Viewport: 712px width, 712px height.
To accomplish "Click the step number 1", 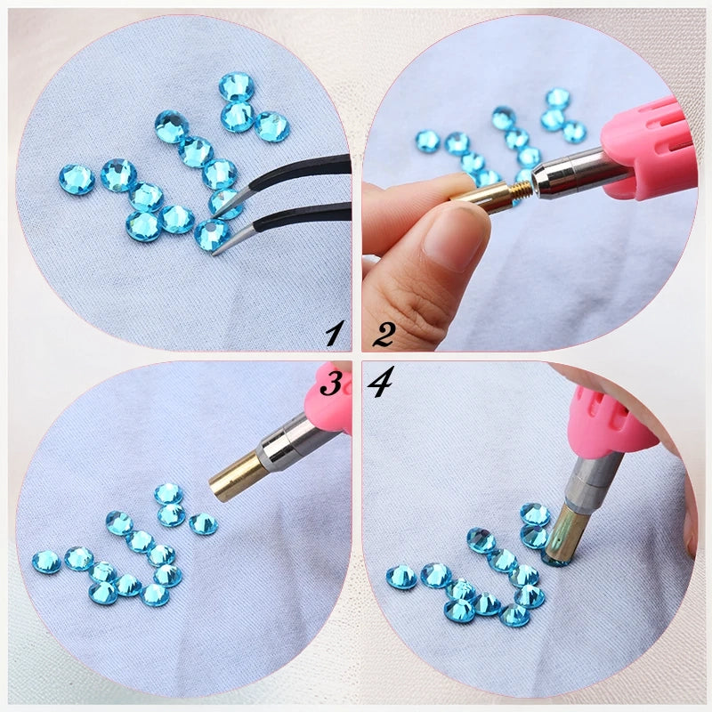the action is [x=335, y=333].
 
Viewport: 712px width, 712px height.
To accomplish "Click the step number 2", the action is [x=384, y=335].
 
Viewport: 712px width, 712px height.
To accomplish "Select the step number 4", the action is [x=380, y=382].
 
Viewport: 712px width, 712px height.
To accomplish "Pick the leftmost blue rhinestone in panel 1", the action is [x=77, y=180].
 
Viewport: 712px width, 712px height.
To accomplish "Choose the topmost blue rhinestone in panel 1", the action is [x=237, y=86].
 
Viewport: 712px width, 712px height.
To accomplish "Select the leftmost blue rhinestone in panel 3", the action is [x=46, y=562].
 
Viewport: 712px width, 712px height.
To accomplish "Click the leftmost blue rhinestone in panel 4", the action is [x=401, y=577].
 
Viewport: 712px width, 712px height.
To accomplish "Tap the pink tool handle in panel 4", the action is [x=609, y=420].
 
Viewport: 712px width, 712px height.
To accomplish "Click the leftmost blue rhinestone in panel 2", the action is [x=428, y=142].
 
